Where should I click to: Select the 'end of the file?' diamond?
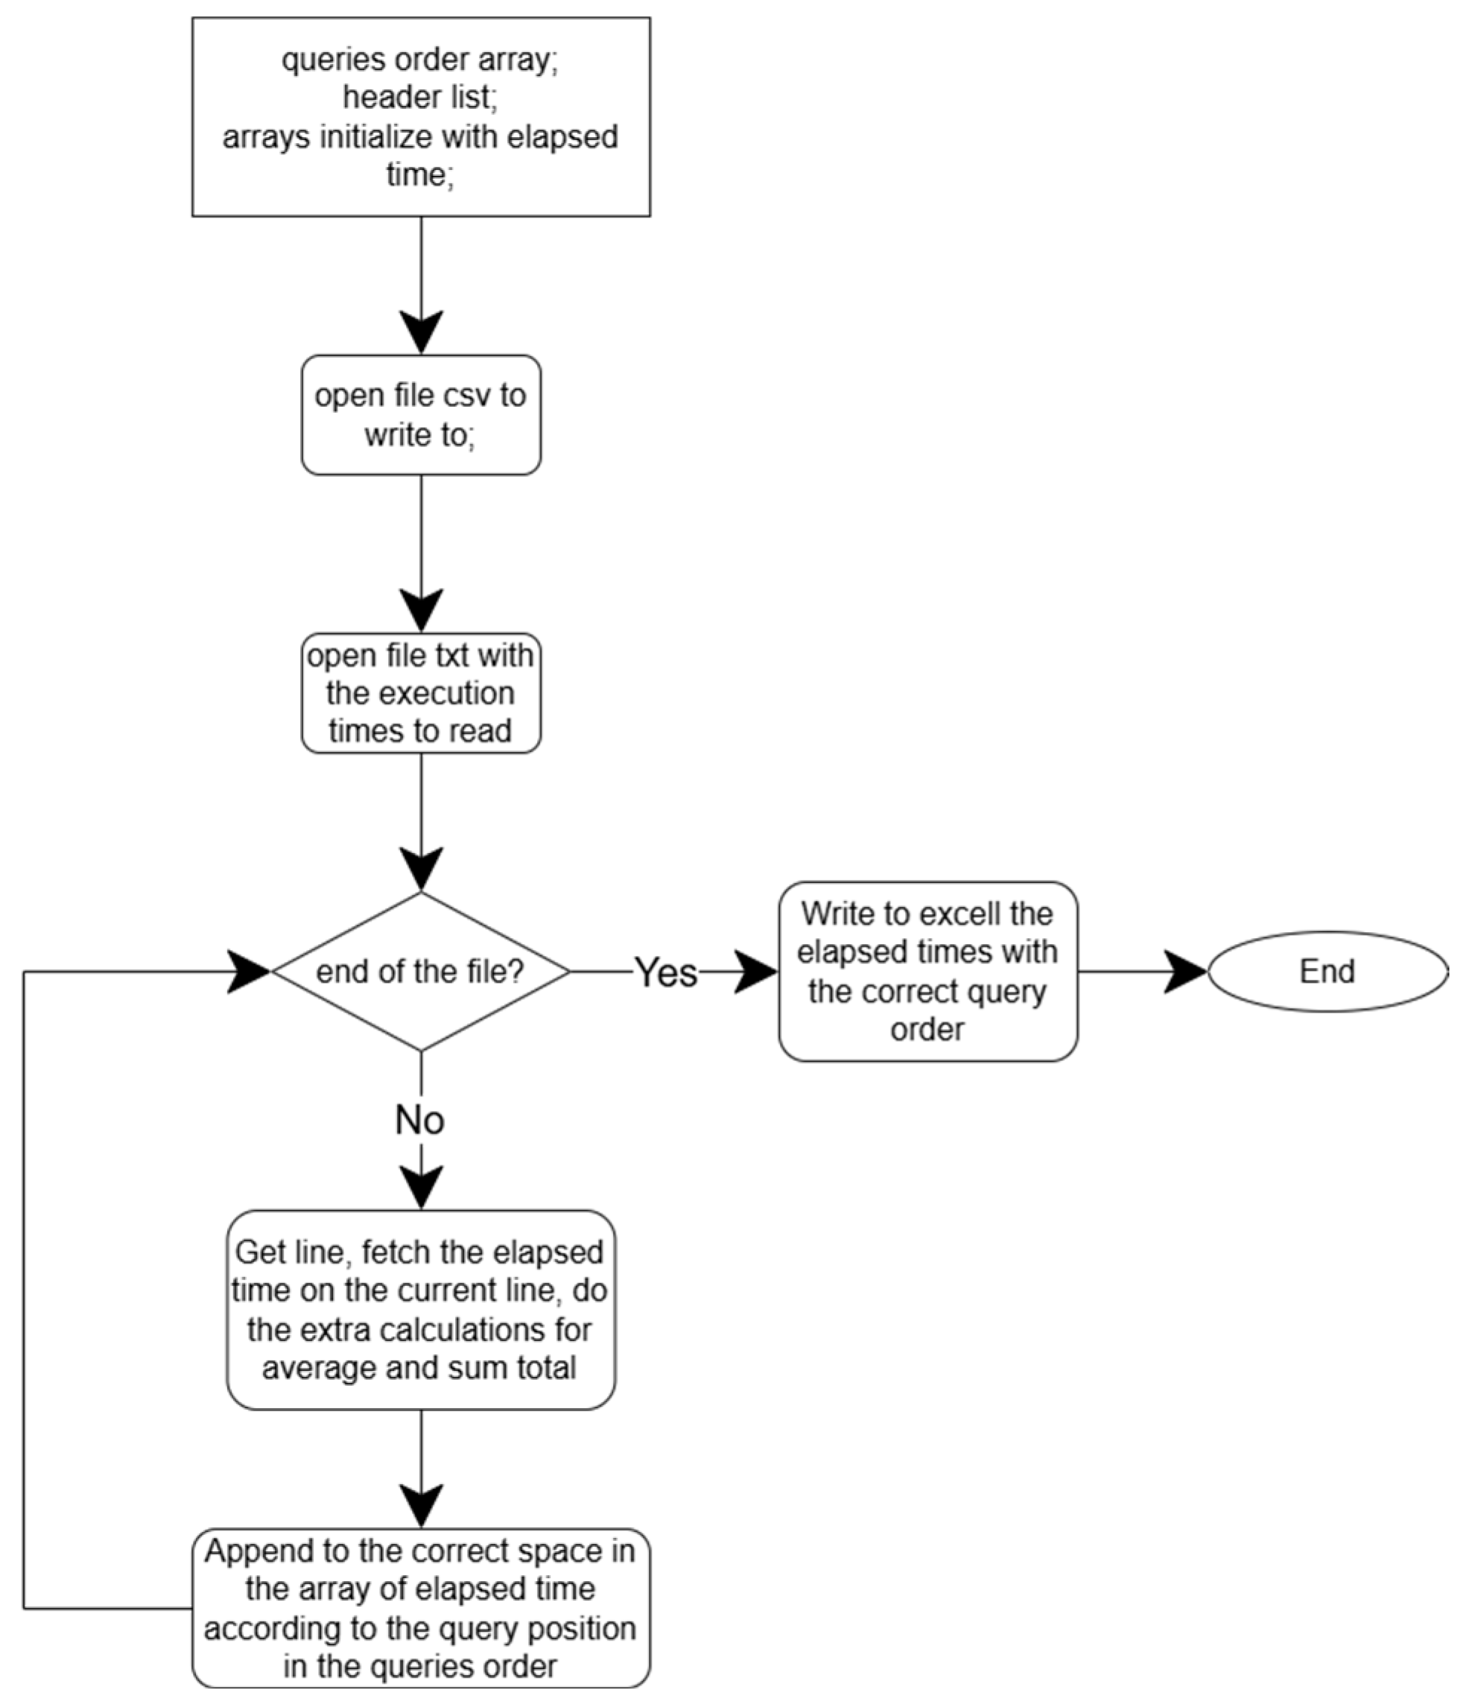coord(420,972)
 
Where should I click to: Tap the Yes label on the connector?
coord(666,972)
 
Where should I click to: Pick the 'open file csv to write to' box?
coord(420,414)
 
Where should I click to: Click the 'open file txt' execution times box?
coord(420,693)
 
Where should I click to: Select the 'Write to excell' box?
coord(927,972)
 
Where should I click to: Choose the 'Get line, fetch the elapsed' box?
coord(420,1310)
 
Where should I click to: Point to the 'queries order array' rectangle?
coord(420,117)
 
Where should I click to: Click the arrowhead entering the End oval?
coord(1186,972)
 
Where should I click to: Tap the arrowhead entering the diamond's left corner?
coord(249,972)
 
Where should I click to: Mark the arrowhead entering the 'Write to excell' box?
coord(756,972)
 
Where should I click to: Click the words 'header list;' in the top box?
coord(420,97)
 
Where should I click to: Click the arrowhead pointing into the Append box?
coord(421,1507)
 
